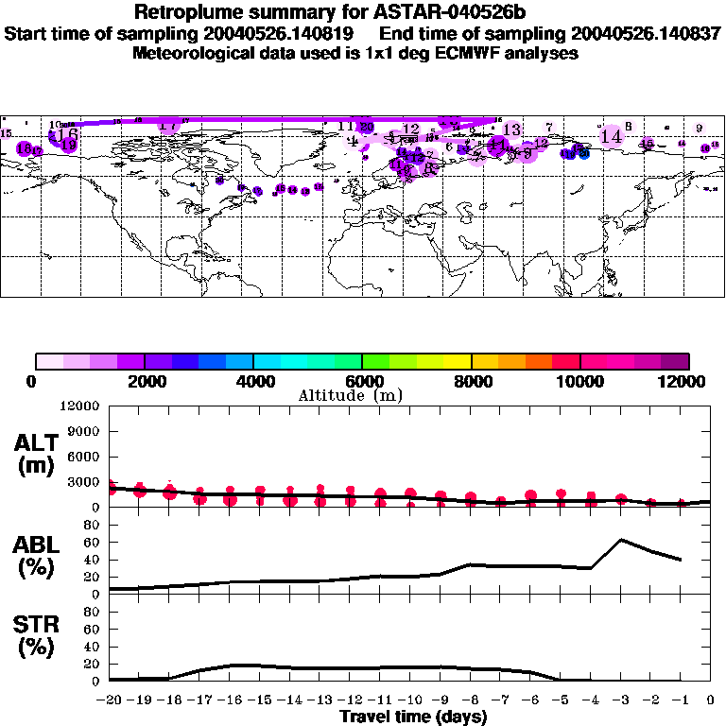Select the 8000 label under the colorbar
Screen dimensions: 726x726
coord(471,381)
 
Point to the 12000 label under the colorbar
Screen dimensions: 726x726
coord(687,381)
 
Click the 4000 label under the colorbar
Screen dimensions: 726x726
coord(253,381)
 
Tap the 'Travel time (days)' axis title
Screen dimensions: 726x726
coord(413,717)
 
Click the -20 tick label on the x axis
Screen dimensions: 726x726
coord(110,700)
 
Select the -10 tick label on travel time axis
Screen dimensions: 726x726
coord(410,700)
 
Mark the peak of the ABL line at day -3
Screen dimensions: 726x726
coord(620,540)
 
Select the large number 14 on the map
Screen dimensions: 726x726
coord(612,137)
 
